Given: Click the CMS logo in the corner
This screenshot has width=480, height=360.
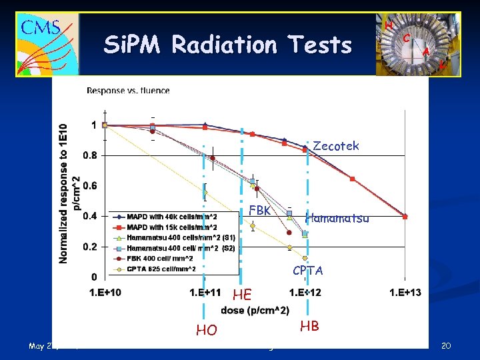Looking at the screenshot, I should pos(47,43).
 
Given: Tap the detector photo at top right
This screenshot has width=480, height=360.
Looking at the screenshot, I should pos(417,44).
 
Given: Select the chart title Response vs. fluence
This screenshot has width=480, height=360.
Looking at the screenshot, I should pos(128,91).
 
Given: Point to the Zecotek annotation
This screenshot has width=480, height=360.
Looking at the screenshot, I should pos(335,146).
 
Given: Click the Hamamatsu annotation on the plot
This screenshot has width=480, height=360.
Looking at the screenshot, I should pos(337,217).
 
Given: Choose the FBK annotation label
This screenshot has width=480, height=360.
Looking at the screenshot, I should pos(259,211).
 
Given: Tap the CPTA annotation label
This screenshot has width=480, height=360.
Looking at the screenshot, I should pos(308,271).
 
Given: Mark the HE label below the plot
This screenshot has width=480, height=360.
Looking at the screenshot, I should pos(242,295).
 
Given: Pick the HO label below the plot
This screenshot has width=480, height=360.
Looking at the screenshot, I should pos(206,329).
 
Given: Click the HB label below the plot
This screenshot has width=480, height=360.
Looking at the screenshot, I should pos(309,326).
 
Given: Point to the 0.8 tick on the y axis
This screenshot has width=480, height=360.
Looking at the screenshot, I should pos(90,155).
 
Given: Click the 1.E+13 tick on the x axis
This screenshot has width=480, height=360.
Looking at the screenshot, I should pos(405,292).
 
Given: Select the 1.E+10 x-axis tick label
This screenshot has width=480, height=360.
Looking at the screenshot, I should pos(105,292).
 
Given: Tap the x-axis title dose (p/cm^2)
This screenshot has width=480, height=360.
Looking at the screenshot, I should pos(255,310).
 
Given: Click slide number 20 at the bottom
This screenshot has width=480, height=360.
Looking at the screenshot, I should pos(446,345).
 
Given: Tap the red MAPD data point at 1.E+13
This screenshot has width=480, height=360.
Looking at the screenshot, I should pos(405,215).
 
